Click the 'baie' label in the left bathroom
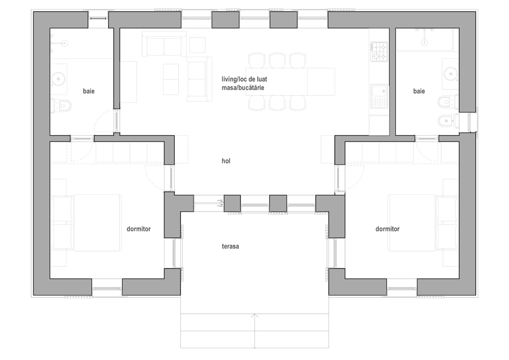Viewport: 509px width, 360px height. (x=89, y=91)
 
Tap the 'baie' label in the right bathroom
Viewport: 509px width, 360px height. (x=419, y=91)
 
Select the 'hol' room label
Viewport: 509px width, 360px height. (x=226, y=161)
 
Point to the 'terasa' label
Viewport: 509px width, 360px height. (x=230, y=246)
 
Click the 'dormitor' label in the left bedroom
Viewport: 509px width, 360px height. (x=139, y=229)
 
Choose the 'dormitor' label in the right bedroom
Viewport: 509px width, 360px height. (x=387, y=229)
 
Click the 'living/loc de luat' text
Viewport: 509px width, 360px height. (x=244, y=79)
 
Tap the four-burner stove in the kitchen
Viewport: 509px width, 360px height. (x=379, y=52)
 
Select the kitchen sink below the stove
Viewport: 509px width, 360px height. (x=379, y=96)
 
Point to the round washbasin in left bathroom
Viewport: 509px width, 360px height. (x=59, y=79)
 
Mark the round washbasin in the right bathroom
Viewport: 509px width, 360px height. (x=451, y=74)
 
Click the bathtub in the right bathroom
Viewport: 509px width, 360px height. (x=424, y=40)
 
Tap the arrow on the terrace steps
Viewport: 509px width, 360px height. (x=255, y=331)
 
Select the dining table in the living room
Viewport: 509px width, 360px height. (x=290, y=82)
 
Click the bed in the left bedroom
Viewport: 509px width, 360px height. (x=86, y=222)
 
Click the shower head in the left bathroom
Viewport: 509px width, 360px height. (x=64, y=43)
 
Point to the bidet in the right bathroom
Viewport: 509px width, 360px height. (x=446, y=121)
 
